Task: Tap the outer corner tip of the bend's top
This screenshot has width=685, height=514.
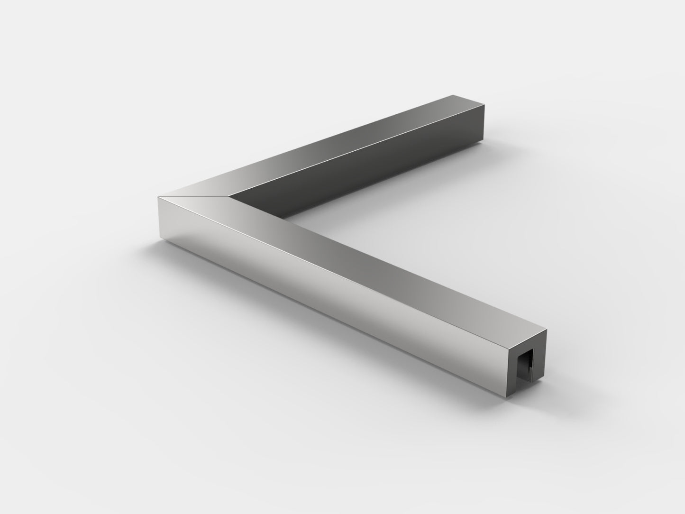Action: tap(158, 196)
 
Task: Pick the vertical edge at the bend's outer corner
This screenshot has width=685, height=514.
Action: tap(157, 218)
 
